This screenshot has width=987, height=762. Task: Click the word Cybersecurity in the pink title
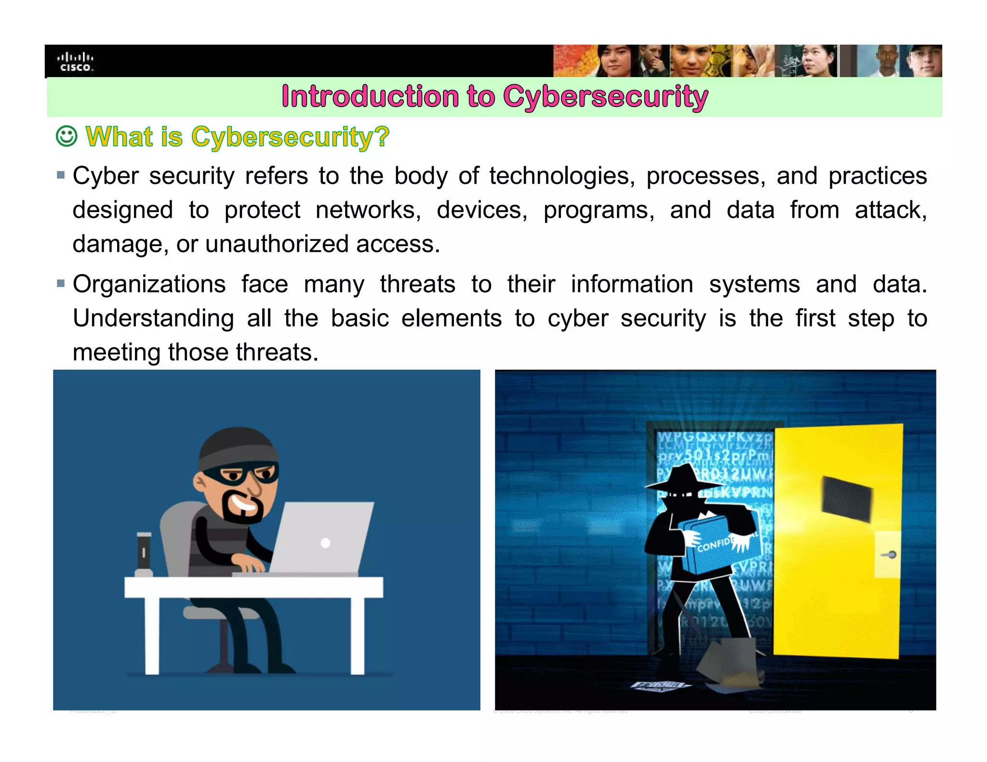[x=605, y=97]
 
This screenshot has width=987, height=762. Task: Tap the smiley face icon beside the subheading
[x=67, y=136]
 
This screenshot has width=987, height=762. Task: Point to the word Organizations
[x=149, y=284]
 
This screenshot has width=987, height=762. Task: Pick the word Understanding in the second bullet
[x=153, y=318]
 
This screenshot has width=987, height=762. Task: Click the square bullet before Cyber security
[x=61, y=175]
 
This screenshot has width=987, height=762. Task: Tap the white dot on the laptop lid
[x=325, y=543]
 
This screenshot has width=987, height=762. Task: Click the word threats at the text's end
[x=277, y=353]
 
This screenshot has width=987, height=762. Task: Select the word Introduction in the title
[x=370, y=97]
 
